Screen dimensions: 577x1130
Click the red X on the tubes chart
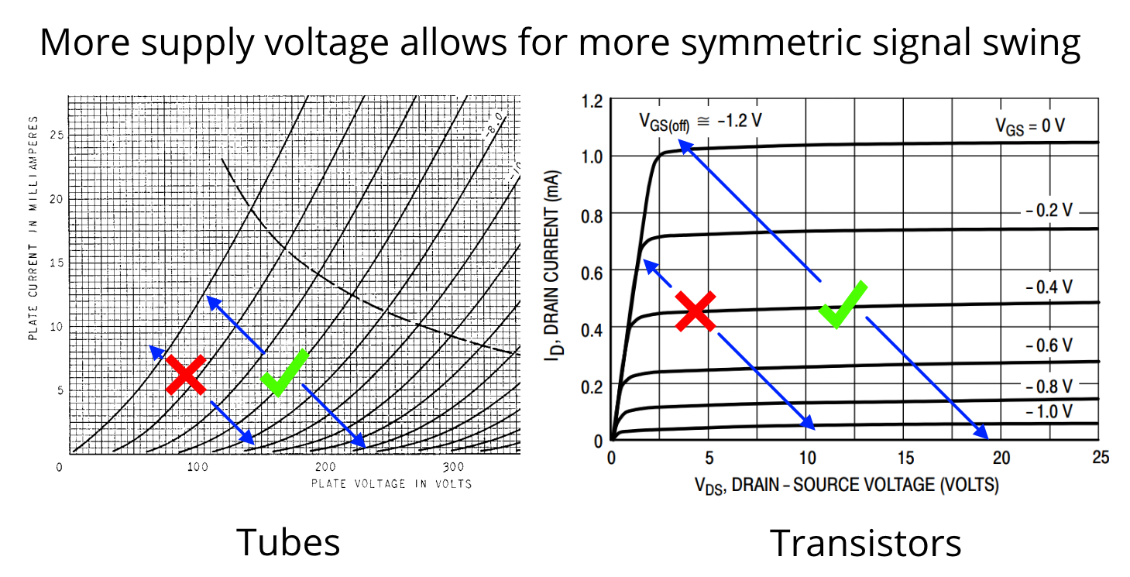point(186,375)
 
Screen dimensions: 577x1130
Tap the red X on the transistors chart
point(695,311)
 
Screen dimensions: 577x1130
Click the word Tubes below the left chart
point(288,542)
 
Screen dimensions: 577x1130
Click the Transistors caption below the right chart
point(865,542)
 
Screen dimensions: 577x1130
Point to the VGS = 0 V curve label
point(1030,125)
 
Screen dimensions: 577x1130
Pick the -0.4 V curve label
point(1049,287)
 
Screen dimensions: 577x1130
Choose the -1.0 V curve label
point(1049,411)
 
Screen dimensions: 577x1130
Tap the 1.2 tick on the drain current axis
point(592,101)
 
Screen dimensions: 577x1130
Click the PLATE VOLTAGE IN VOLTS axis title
point(391,484)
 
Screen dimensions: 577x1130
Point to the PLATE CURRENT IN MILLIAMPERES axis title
point(33,228)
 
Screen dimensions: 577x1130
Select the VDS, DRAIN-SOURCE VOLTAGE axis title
point(847,486)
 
